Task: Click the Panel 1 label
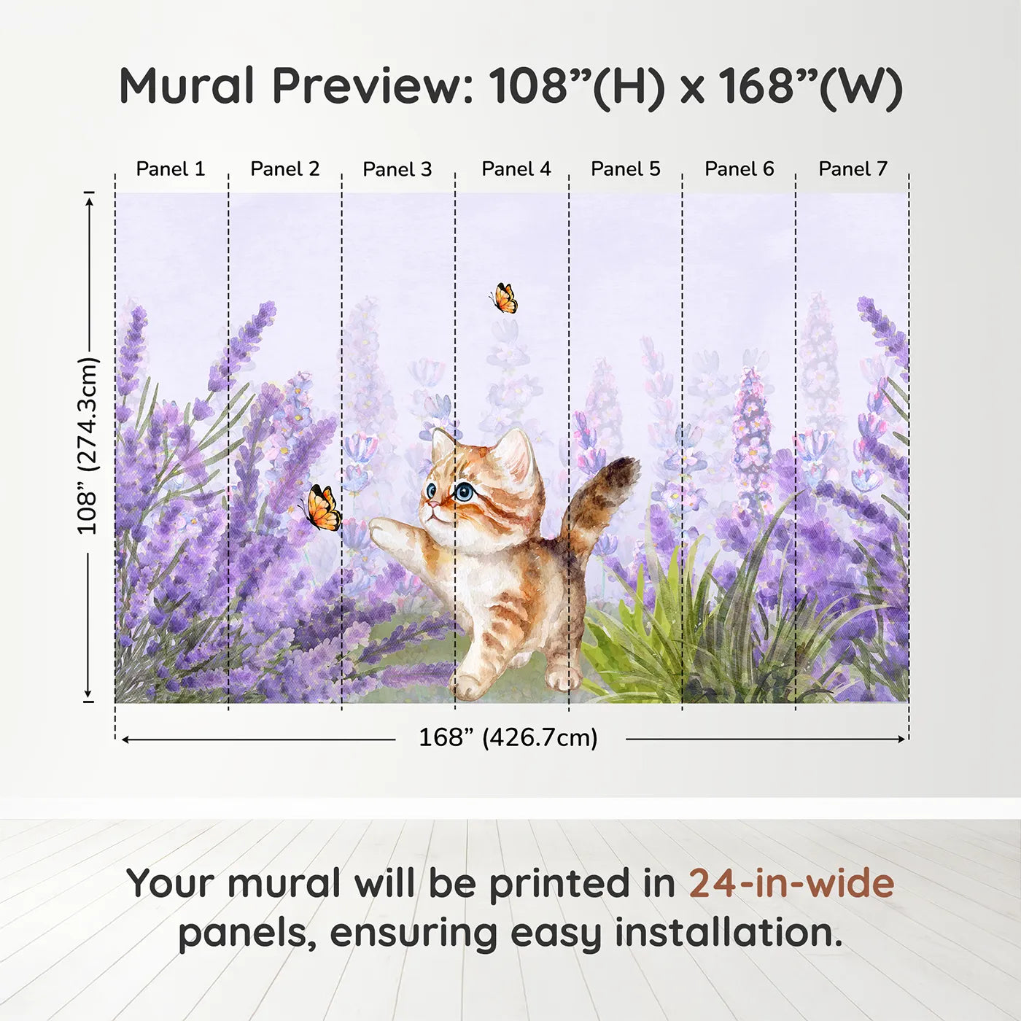170,168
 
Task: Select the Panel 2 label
284,168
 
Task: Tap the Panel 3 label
397,169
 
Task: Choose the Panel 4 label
516,168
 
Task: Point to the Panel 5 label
625,168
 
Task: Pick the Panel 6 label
739,168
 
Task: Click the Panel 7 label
853,168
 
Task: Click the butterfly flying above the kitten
503,298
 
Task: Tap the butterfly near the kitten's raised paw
322,508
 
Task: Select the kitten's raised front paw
383,532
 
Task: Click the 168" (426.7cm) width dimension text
508,737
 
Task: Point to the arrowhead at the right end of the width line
901,739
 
